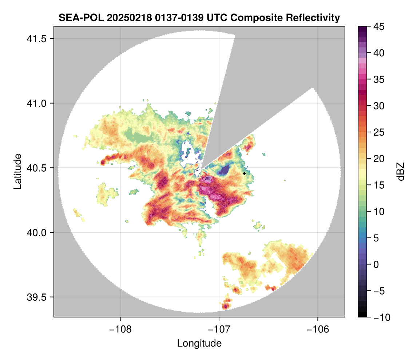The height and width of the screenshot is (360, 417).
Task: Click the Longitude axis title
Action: [x=199, y=343]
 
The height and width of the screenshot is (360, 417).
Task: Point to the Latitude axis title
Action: [x=17, y=171]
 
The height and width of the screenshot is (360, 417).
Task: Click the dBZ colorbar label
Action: [x=401, y=172]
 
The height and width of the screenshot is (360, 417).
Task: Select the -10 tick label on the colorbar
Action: [x=380, y=317]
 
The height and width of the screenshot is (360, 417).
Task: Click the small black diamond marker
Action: [x=244, y=173]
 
